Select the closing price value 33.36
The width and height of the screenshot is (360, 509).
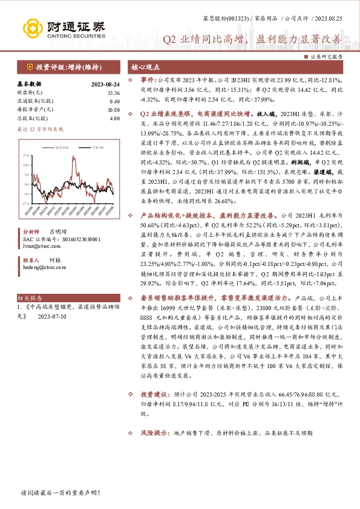113,93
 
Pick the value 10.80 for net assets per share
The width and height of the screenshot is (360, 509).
113,110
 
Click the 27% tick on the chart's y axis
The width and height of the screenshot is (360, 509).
25,155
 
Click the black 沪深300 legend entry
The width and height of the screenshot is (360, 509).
83,147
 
